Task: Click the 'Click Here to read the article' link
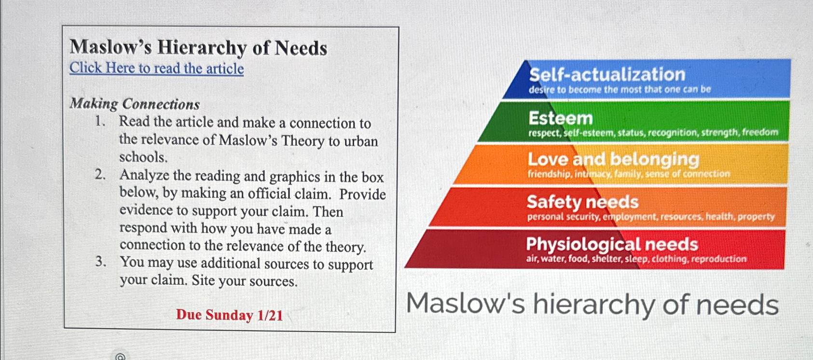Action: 156,68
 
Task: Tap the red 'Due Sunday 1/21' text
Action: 229,315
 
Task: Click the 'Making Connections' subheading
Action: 135,104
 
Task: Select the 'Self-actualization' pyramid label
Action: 607,74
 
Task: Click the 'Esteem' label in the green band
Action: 560,118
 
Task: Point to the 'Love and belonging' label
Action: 613,159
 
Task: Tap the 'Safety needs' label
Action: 582,202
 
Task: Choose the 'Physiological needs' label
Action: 611,244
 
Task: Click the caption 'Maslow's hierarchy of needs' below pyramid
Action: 592,305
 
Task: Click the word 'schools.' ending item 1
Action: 143,157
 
